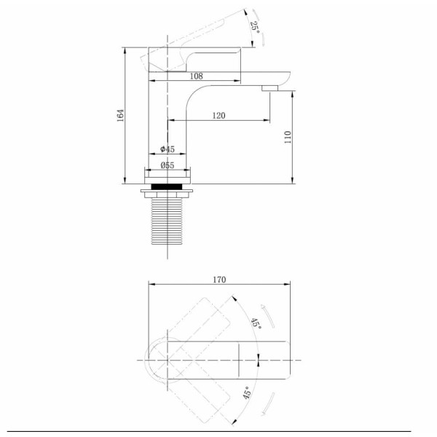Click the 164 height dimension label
pyautogui.click(x=120, y=115)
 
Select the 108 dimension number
pyautogui.click(x=196, y=76)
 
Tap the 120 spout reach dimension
pyautogui.click(x=219, y=115)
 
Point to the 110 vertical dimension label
pyautogui.click(x=288, y=137)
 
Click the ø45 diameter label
pyautogui.click(x=168, y=149)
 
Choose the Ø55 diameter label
pyautogui.click(x=168, y=165)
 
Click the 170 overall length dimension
pyautogui.click(x=219, y=280)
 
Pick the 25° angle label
pyautogui.click(x=255, y=28)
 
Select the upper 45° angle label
pyautogui.click(x=256, y=323)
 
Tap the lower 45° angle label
pyautogui.click(x=247, y=393)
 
